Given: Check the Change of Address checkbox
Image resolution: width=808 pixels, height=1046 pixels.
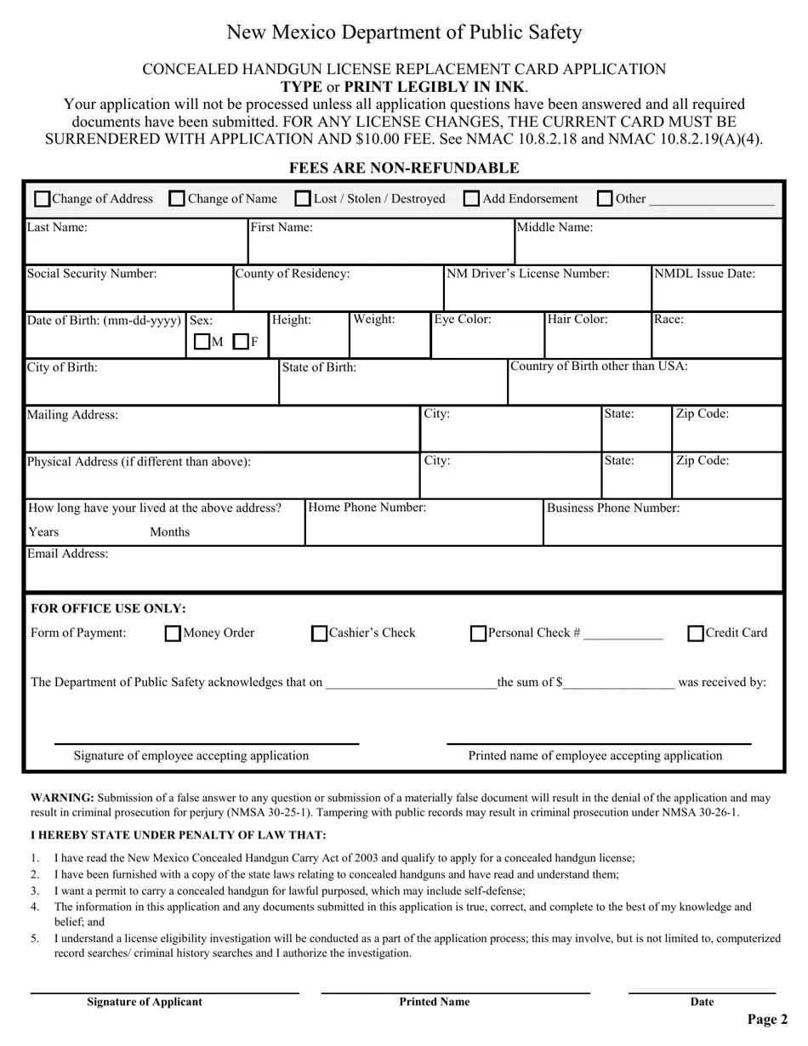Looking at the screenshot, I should pos(43,199).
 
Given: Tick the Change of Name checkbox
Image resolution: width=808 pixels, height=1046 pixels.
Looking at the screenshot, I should pos(177,199).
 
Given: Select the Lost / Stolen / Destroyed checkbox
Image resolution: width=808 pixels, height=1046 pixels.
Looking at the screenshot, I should pos(303,199).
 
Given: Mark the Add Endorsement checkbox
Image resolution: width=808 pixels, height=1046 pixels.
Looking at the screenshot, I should pos(471,199).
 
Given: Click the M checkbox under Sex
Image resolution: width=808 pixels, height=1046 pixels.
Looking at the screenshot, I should pos(202,342).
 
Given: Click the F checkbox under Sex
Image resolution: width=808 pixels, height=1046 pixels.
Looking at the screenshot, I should pos(241,342).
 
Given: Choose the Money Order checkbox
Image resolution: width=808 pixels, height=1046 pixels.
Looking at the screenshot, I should pos(173,634).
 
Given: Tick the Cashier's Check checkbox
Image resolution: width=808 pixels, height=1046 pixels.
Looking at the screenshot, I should pos(319,634).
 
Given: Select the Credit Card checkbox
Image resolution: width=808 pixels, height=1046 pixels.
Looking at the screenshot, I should pos(696,634).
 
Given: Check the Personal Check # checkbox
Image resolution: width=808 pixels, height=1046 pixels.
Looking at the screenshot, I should pos(479,634).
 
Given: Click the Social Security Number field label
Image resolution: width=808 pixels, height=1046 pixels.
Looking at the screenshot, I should pos(92,274).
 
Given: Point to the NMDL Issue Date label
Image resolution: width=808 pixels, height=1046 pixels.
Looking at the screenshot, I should pos(704,274).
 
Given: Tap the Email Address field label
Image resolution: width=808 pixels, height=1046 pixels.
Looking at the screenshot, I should pos(68,554).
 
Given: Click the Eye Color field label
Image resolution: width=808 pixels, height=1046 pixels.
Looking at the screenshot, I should pos(463,320).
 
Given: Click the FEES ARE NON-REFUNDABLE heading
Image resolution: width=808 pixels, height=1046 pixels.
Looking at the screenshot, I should pos(404,168).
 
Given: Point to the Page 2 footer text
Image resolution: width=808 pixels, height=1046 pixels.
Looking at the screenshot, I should pos(767,1019).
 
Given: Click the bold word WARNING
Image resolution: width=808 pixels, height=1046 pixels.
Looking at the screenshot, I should pos(62,798).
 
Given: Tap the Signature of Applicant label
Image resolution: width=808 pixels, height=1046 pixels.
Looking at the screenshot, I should pos(145,1002).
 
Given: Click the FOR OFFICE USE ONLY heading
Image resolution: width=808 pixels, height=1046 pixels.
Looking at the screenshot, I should pos(108,609).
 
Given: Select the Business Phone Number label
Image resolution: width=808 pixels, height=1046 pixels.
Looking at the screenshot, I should pos(612,508).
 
